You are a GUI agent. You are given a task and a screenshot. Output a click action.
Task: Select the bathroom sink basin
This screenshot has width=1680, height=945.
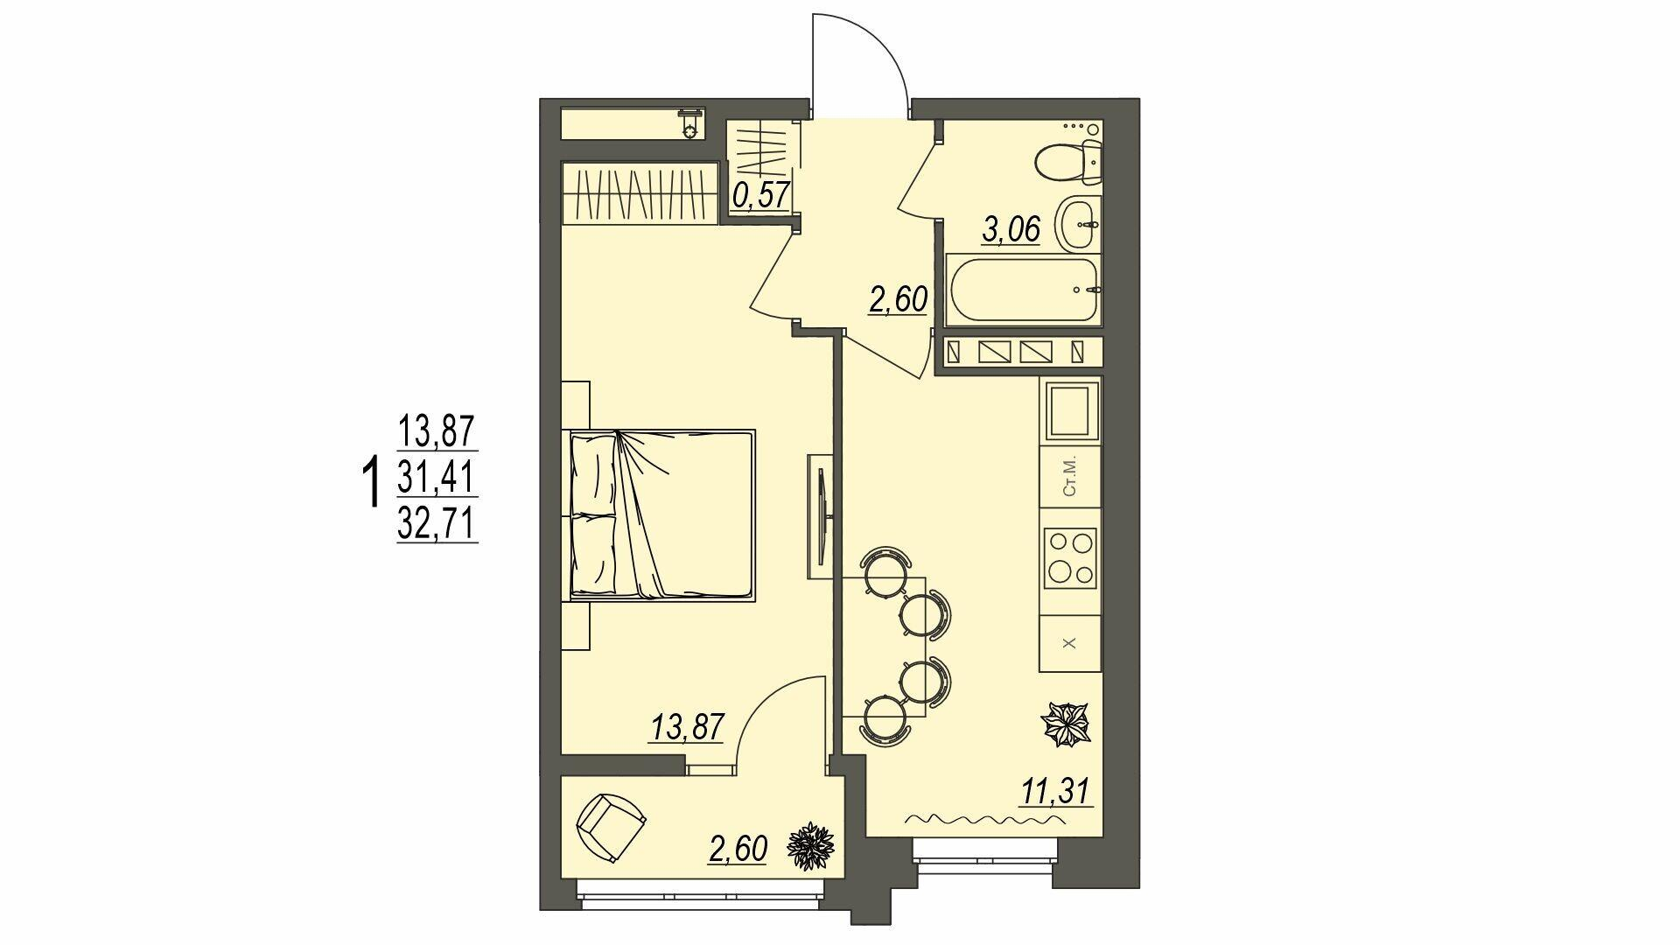point(1079,222)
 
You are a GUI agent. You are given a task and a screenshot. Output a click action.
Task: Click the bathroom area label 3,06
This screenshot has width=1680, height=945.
point(1011,231)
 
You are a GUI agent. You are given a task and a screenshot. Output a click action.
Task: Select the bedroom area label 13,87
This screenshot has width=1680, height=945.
point(687,727)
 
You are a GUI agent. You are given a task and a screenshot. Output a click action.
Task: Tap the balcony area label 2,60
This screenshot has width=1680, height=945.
point(738,849)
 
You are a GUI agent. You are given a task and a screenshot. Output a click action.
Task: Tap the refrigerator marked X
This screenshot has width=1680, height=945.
point(1070,643)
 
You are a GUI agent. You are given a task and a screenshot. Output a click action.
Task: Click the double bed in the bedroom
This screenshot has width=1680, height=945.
point(661,514)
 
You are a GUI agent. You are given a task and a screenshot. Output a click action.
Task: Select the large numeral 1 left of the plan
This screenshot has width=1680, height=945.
point(371,479)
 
